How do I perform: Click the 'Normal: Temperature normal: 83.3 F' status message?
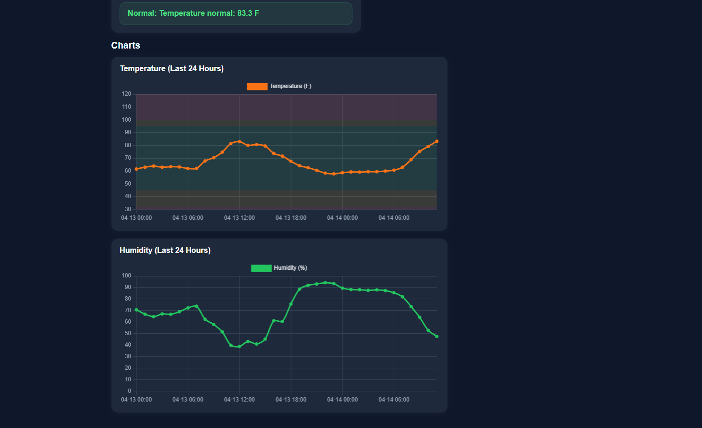pos(193,13)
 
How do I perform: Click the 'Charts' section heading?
pos(126,46)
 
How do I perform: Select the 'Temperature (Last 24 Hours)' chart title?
pos(171,69)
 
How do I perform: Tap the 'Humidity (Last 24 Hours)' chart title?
pos(165,251)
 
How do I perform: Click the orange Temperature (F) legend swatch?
pos(257,87)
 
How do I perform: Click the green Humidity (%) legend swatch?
pos(261,268)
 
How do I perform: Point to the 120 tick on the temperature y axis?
pos(126,94)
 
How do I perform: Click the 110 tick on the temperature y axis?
pos(126,107)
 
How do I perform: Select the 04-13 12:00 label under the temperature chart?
pos(239,218)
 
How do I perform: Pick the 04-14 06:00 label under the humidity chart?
pos(394,400)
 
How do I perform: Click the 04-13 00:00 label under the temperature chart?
pos(136,218)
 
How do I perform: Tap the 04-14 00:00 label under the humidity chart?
pos(342,400)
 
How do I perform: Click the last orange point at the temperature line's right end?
pos(436,141)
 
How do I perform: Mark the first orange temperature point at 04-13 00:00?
pos(136,169)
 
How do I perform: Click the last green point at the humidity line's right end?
pos(436,337)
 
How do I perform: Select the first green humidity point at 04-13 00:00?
pos(136,310)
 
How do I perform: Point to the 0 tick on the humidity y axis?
pos(129,391)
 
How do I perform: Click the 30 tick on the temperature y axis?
pos(128,209)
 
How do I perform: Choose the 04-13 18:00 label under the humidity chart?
pos(291,400)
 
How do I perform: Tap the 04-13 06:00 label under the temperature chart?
pos(188,218)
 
